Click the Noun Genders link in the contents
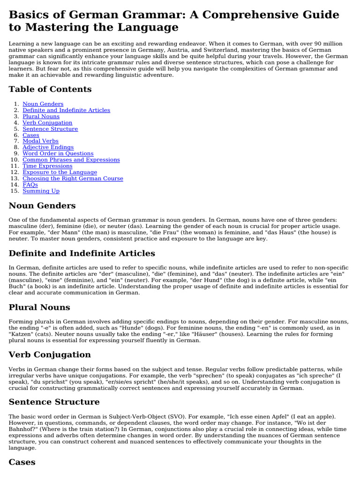(43, 104)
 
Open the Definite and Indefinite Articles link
(66, 110)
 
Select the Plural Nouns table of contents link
(41, 116)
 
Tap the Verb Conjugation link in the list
(47, 123)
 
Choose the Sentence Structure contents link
(50, 129)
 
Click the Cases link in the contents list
(31, 135)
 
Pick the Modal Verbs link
(40, 141)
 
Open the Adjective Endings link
(48, 147)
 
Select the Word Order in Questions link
(58, 154)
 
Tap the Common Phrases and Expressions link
(71, 160)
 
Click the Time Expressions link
(47, 166)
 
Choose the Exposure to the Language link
(60, 172)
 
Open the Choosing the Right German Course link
(73, 179)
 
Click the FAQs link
(30, 185)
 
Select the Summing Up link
(41, 191)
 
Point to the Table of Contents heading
(50, 89)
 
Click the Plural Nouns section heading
(39, 307)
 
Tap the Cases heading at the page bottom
(22, 462)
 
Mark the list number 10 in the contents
(14, 160)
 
